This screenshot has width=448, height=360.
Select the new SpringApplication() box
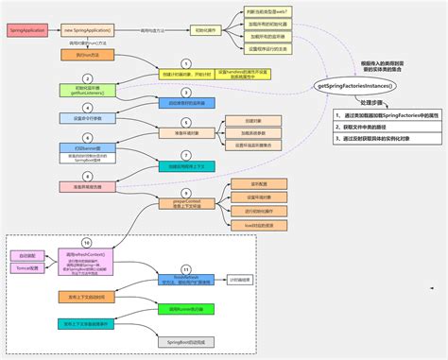87,30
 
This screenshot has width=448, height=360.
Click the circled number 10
87,243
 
